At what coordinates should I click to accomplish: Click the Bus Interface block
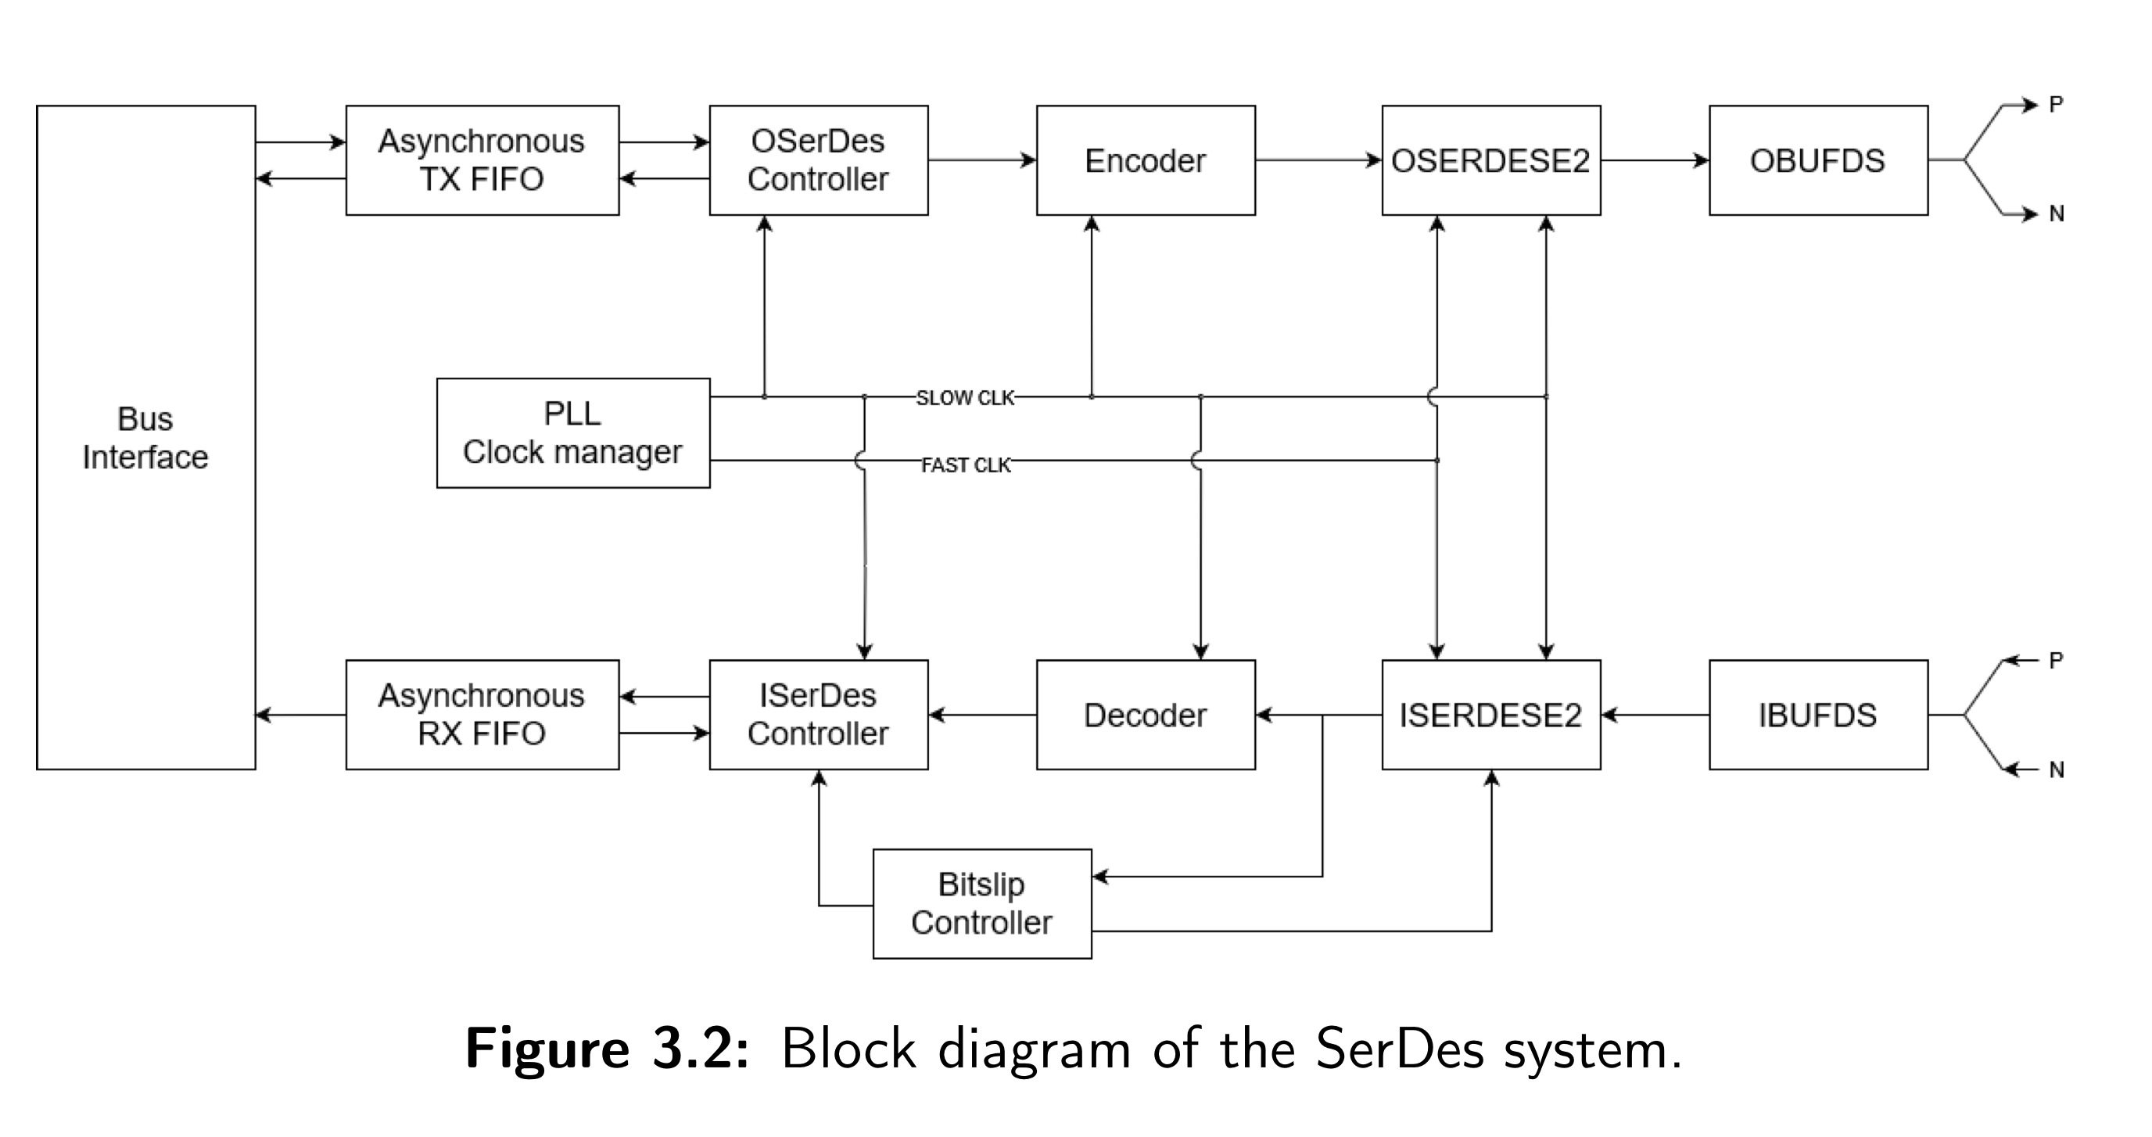click(x=145, y=437)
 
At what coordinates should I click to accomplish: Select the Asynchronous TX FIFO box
click(x=482, y=160)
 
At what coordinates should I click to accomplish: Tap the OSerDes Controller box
click(x=818, y=160)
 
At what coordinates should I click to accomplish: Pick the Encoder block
click(x=1146, y=160)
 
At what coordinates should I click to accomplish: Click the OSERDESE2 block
click(x=1490, y=160)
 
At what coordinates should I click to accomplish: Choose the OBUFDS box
click(x=1818, y=160)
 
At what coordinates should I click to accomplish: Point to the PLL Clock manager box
click(x=573, y=432)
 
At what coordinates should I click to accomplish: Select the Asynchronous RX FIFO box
click(x=482, y=714)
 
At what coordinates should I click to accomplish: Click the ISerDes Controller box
click(x=818, y=714)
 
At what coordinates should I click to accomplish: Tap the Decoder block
click(x=1146, y=714)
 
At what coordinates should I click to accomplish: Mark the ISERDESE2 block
click(x=1490, y=714)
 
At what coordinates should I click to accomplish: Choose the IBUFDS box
click(x=1818, y=714)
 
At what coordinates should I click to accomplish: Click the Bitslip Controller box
click(x=981, y=903)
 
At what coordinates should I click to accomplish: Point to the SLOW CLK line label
click(x=965, y=398)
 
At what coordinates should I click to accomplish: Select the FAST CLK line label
click(x=966, y=464)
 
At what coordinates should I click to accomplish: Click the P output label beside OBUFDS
click(x=2056, y=105)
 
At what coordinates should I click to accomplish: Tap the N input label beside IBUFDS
click(x=2056, y=769)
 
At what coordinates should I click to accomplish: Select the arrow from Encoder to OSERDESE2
click(x=1318, y=160)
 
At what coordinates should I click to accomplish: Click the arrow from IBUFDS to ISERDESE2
click(x=1655, y=714)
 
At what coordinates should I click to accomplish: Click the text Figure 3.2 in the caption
click(x=608, y=1049)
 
